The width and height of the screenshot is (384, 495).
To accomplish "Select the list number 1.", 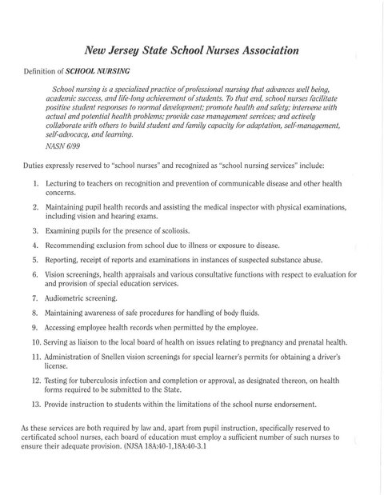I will click(x=36, y=184).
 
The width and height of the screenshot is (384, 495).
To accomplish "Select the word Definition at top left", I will click(x=42, y=70).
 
